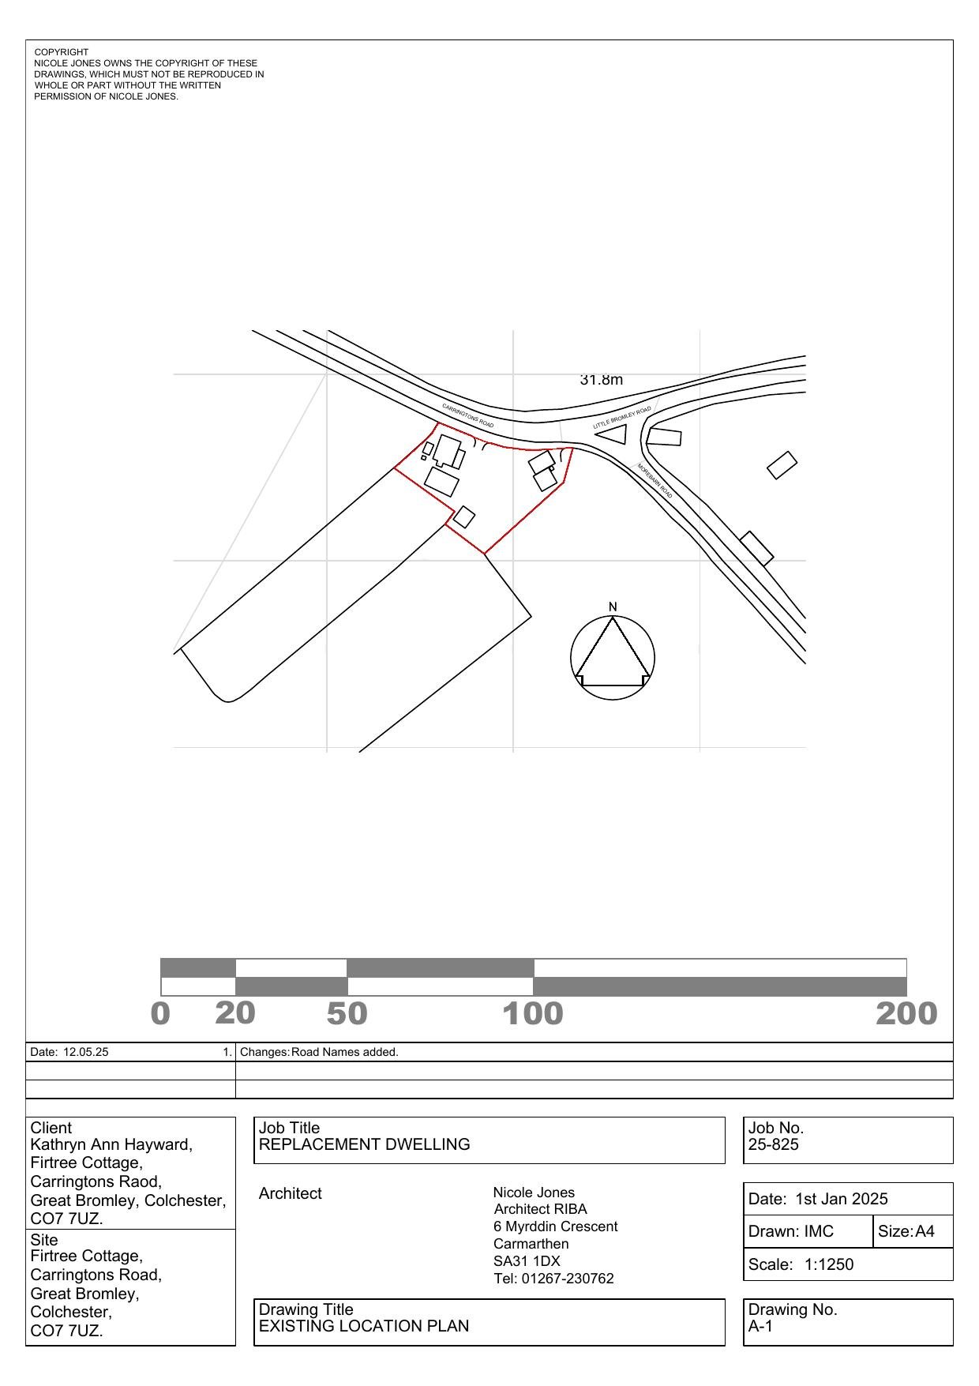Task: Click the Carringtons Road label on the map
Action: pyautogui.click(x=468, y=416)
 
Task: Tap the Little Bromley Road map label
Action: pyautogui.click(x=622, y=418)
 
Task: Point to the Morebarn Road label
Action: pyautogui.click(x=655, y=480)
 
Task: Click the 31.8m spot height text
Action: pyautogui.click(x=601, y=380)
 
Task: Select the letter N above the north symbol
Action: pyautogui.click(x=613, y=607)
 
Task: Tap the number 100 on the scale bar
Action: pyautogui.click(x=533, y=1014)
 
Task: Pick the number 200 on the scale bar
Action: pyautogui.click(x=906, y=1014)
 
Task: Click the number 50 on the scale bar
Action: pyautogui.click(x=347, y=1014)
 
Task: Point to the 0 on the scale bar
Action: pyautogui.click(x=160, y=1014)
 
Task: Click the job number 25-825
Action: pyautogui.click(x=774, y=1144)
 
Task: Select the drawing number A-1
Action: pyautogui.click(x=760, y=1326)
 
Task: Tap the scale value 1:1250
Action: pyautogui.click(x=829, y=1264)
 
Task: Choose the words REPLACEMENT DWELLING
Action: pyautogui.click(x=364, y=1144)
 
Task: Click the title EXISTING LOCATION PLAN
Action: pyautogui.click(x=364, y=1326)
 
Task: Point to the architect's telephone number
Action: pyautogui.click(x=553, y=1279)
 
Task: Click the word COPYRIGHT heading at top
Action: pyautogui.click(x=62, y=52)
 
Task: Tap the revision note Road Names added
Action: pyautogui.click(x=345, y=1052)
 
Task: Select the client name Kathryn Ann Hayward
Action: pyautogui.click(x=111, y=1144)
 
